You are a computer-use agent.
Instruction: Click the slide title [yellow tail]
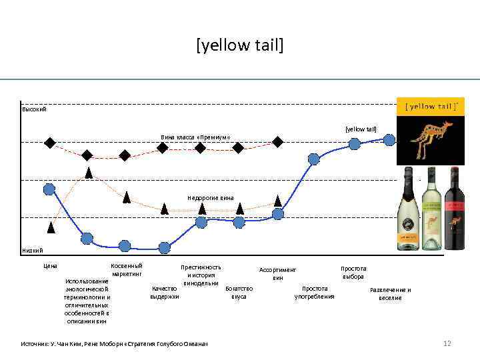coord(239,46)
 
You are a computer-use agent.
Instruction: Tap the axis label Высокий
coord(34,109)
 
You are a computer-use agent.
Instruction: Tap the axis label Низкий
coord(33,251)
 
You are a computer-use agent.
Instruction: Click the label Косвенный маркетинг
coord(127,269)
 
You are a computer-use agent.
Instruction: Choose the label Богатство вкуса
coord(239,292)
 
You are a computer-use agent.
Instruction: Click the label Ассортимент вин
coord(277,273)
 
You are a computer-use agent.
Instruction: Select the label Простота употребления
coord(314,292)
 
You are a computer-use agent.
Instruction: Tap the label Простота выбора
coord(353,272)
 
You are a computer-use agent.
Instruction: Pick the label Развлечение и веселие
coord(391,293)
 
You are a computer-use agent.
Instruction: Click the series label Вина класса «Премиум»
coord(195,137)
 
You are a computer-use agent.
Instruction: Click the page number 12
coord(447,343)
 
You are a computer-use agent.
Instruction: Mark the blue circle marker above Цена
coord(49,189)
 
